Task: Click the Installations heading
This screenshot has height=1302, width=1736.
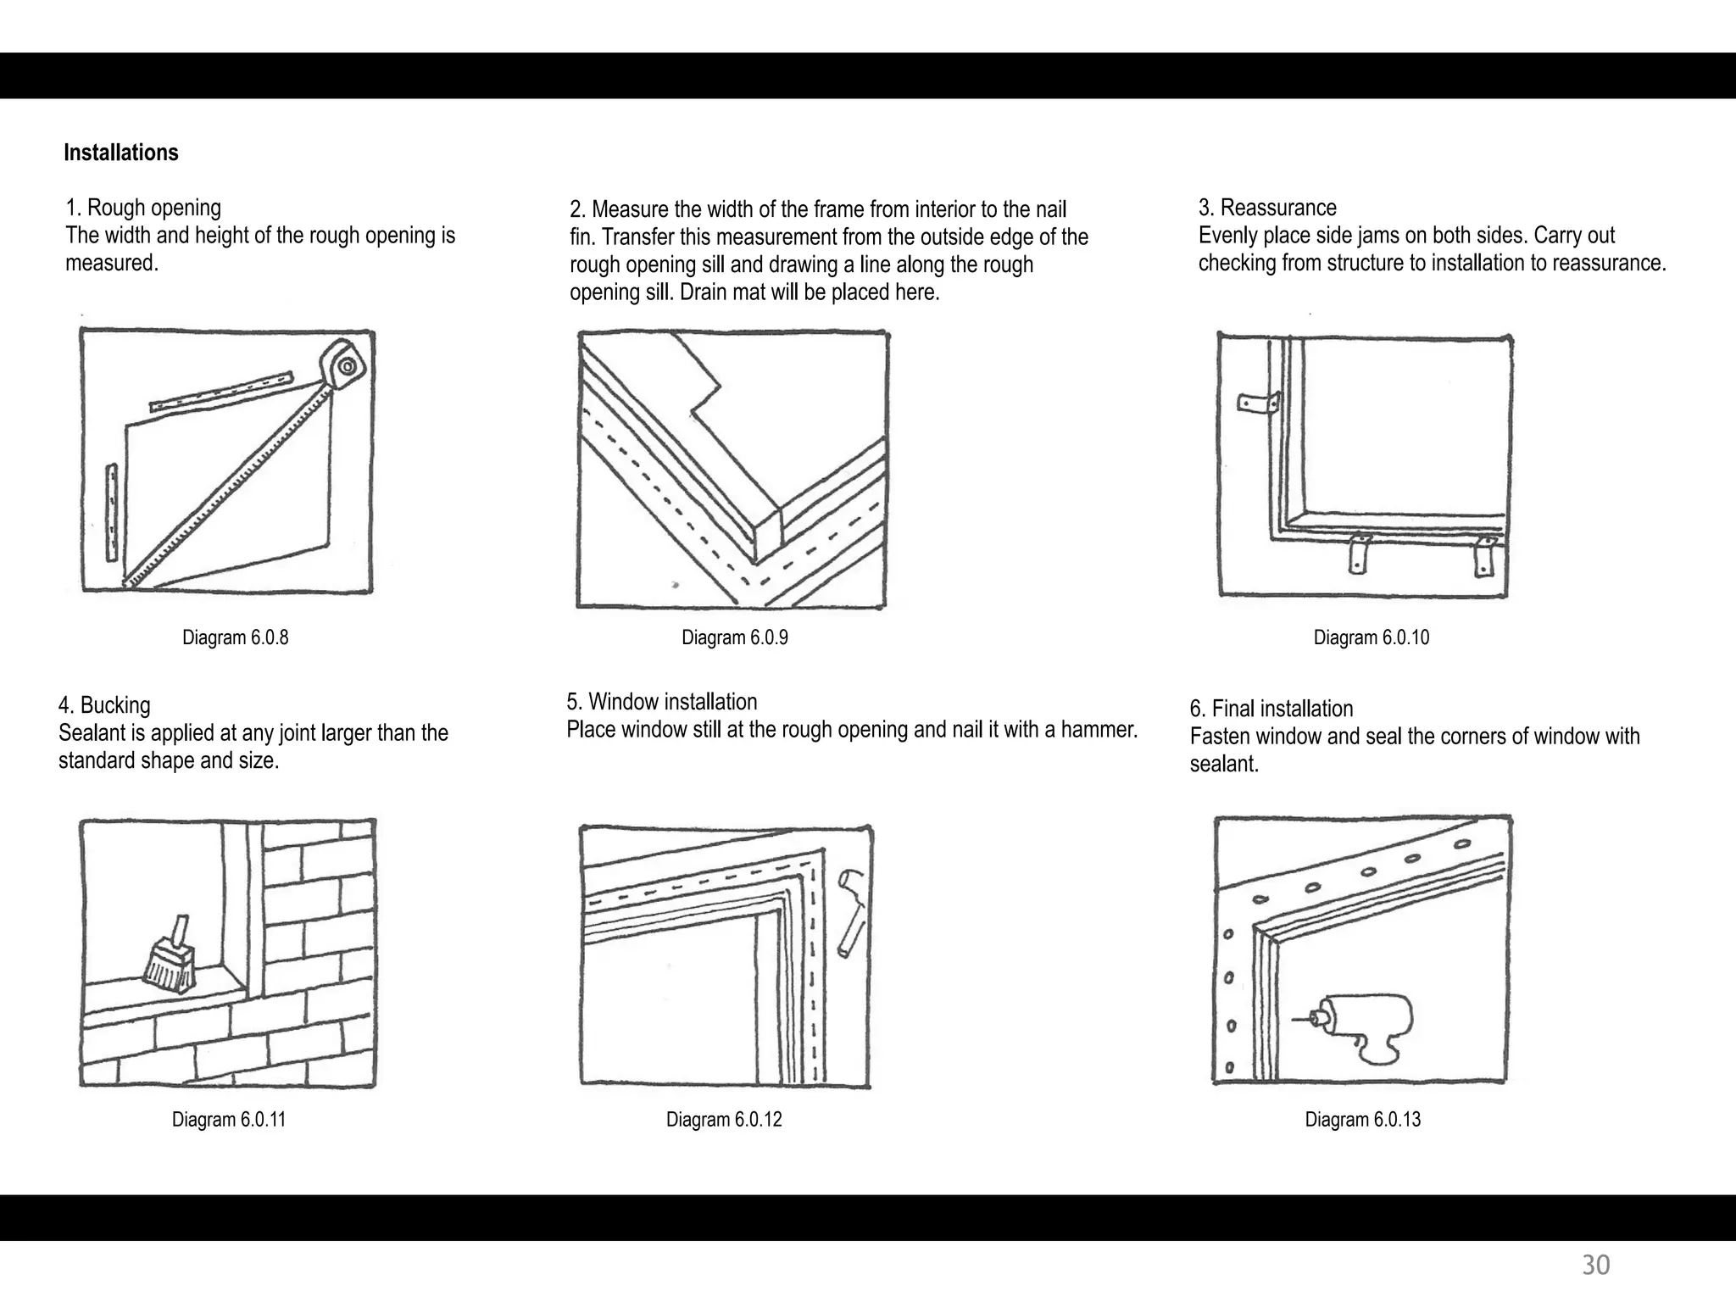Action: click(x=121, y=153)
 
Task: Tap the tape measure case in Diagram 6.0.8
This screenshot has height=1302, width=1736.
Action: click(x=344, y=365)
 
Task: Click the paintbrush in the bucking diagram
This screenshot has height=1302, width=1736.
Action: click(x=170, y=958)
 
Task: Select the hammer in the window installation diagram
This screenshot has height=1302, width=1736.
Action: click(x=851, y=912)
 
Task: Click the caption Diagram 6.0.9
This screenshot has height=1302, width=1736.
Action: click(x=734, y=637)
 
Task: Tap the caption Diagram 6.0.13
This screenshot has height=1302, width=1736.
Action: click(x=1362, y=1119)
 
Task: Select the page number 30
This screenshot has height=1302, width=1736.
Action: click(x=1595, y=1265)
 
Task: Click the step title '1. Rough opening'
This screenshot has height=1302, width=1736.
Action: click(x=143, y=208)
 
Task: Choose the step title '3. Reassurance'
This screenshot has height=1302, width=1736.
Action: click(x=1266, y=208)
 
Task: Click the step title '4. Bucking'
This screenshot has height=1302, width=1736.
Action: click(x=104, y=705)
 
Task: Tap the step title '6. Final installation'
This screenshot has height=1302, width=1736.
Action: click(x=1271, y=709)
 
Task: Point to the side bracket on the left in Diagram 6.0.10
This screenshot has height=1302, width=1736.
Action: click(x=1258, y=403)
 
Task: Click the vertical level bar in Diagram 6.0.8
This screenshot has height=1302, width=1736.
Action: click(x=111, y=512)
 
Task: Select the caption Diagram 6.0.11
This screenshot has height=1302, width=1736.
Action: click(x=228, y=1119)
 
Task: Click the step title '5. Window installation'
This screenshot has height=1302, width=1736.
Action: click(x=661, y=702)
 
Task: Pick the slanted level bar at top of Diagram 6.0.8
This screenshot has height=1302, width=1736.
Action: click(x=221, y=392)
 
